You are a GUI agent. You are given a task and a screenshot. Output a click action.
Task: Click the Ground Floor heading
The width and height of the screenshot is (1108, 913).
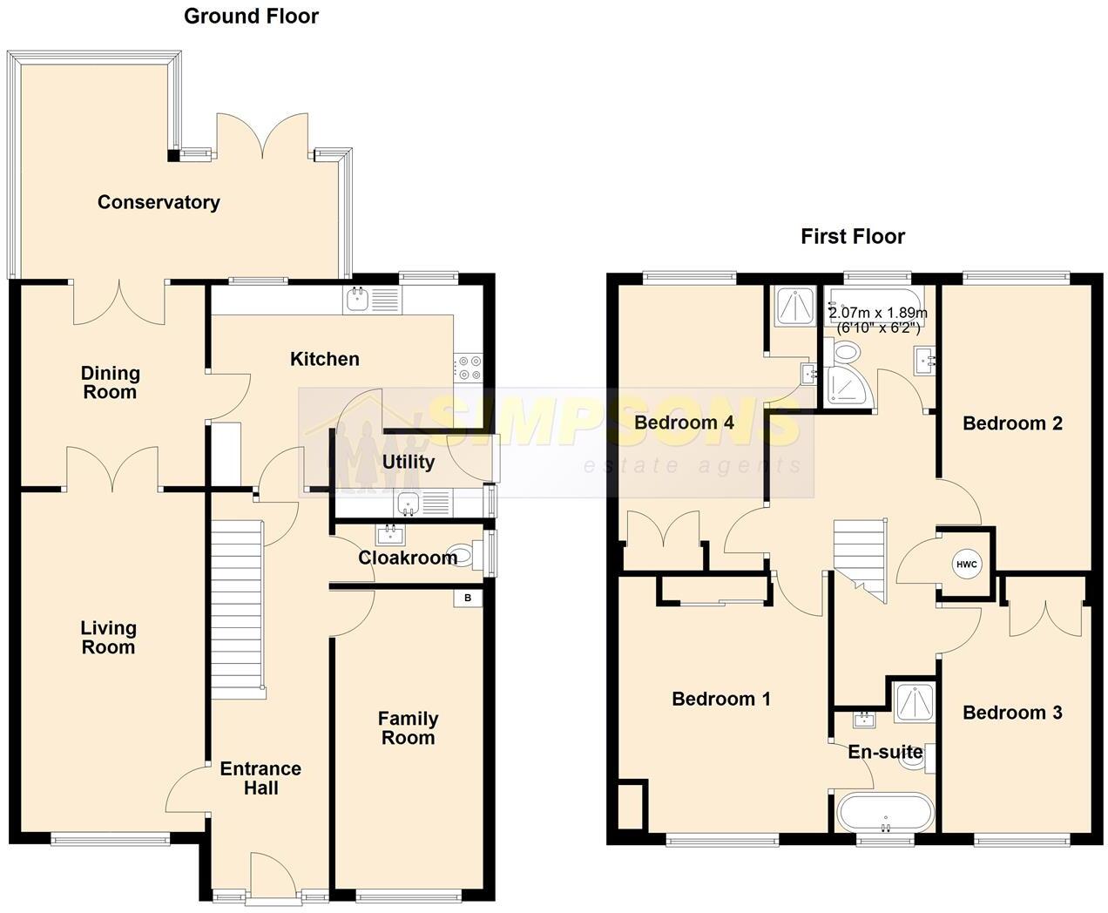(251, 17)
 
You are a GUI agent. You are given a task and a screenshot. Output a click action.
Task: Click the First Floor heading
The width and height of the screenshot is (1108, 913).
(853, 236)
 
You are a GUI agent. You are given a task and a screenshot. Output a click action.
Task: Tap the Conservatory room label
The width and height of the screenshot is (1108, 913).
(159, 202)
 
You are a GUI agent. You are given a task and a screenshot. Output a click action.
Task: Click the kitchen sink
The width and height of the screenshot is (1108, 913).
(371, 301)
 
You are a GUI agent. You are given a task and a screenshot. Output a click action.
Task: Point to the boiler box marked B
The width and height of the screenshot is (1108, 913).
(468, 598)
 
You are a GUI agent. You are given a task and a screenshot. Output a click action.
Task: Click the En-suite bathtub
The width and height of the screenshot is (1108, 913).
(885, 812)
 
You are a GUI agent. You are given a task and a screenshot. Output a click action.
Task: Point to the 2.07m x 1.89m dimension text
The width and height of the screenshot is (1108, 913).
(878, 321)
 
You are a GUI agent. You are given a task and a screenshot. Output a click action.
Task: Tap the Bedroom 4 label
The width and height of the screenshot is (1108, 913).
(684, 423)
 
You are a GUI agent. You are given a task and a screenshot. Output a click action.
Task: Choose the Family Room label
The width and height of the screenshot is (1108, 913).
(408, 728)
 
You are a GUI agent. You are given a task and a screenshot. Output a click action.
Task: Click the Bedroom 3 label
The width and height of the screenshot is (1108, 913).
(1012, 713)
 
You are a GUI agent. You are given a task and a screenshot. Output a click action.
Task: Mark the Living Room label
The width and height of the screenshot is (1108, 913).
(108, 638)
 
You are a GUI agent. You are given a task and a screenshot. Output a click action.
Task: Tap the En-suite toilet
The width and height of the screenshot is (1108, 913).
(915, 759)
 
